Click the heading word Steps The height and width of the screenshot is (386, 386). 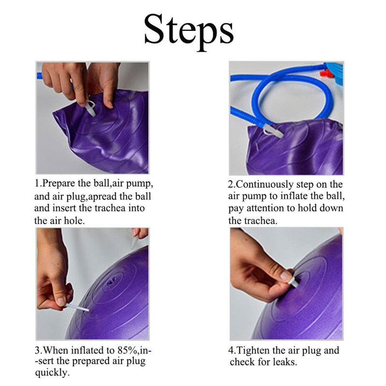tap(189, 31)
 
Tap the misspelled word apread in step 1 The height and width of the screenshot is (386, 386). tap(103, 197)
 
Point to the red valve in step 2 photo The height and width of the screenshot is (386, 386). tap(325, 73)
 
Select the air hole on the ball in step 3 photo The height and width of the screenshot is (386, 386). tap(112, 280)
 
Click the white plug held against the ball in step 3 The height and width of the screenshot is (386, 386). tap(77, 308)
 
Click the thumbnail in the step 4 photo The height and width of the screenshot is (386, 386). tap(285, 276)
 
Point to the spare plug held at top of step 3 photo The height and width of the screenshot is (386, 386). tap(135, 242)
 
